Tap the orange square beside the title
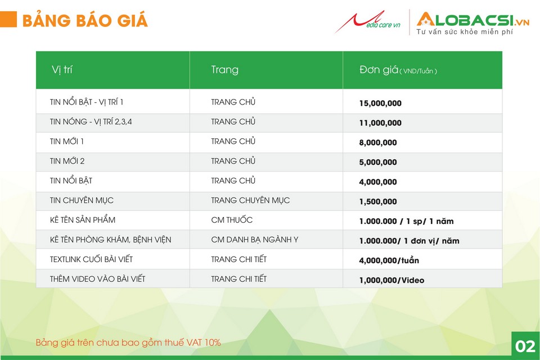point(8,19)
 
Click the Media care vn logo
point(368,22)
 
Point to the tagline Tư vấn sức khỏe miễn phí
point(465,31)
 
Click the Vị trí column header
point(62,70)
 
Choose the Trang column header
point(224,70)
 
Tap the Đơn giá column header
point(398,70)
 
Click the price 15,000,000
point(380,103)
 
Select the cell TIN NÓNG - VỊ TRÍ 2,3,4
point(91,121)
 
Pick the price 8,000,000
point(378,142)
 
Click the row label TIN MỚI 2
point(67,161)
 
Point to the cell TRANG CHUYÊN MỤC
point(250,200)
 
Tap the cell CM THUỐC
point(232,220)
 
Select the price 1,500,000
point(378,201)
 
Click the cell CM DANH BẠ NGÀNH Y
point(254,240)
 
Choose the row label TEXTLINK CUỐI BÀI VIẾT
point(91,259)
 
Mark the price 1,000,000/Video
point(391,281)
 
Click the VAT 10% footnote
point(128,343)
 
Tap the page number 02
point(525,346)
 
